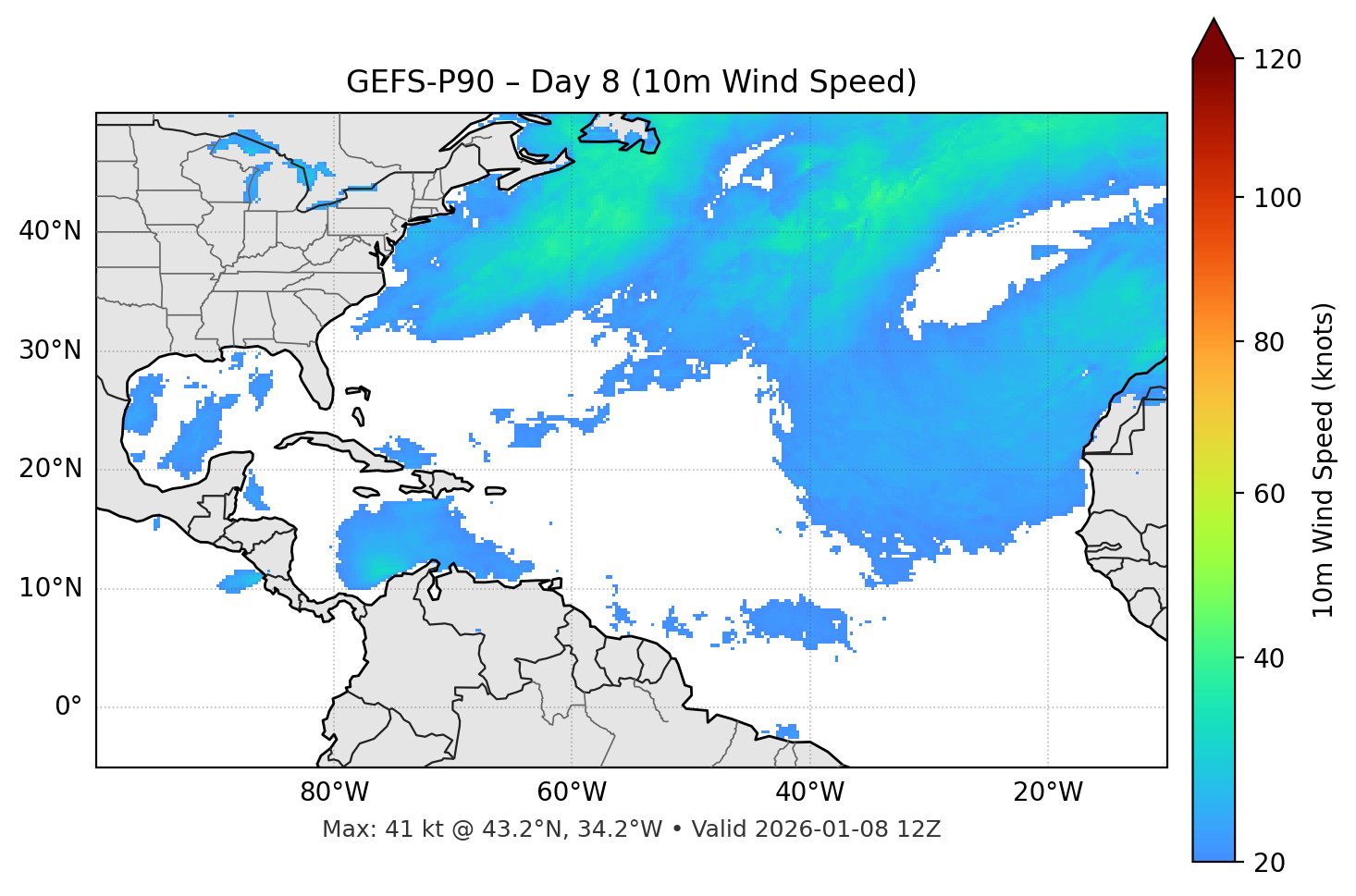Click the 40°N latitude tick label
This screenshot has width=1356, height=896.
pos(50,231)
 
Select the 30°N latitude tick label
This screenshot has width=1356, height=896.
pos(50,350)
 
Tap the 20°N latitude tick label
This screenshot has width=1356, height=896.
pos(50,469)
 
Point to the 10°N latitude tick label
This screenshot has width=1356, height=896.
pos(50,588)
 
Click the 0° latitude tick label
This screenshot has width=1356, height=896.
pos(68,707)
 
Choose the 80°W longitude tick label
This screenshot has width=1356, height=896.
pos(334,792)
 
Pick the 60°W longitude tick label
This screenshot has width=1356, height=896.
pos(572,792)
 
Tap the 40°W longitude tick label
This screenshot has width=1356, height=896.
pos(809,792)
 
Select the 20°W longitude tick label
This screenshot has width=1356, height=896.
pos(1047,792)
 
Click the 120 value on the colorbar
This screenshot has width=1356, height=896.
pos(1278,60)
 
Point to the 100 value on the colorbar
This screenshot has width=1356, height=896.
pos(1278,198)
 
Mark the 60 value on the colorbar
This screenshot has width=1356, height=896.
pos(1270,494)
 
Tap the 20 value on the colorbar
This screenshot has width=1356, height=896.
pos(1270,863)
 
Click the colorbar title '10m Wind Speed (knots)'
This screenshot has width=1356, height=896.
pos(1324,460)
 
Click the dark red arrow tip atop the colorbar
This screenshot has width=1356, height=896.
pos(1214,37)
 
